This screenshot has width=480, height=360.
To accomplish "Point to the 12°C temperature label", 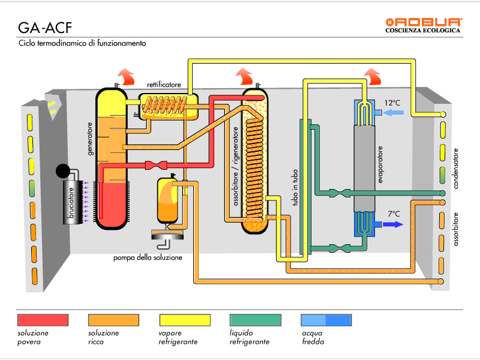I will (x=393, y=103).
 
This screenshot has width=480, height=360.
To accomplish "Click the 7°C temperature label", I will (x=394, y=214).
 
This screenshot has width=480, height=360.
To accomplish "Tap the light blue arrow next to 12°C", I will (x=392, y=112).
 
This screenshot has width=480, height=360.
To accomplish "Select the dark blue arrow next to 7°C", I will (x=392, y=224).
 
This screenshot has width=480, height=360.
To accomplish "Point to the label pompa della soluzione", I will (x=148, y=258).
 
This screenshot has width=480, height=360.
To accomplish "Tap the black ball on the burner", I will (x=62, y=172).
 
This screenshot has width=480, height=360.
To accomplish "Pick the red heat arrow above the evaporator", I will (x=372, y=76).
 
